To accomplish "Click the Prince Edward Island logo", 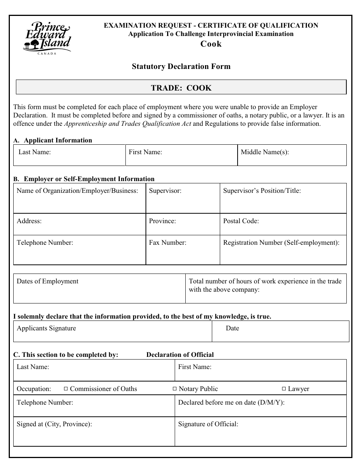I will pyautogui.click(x=47, y=38).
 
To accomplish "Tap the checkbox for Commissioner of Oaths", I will pyautogui.click(x=66, y=389).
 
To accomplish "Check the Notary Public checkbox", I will pyautogui.click(x=175, y=389).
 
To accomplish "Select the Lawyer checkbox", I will pyautogui.click(x=284, y=389).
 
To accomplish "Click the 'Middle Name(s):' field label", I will pyautogui.click(x=265, y=152).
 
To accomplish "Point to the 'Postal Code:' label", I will pyautogui.click(x=241, y=221).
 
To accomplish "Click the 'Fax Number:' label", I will pyautogui.click(x=167, y=242).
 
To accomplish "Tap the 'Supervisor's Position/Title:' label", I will pyautogui.click(x=262, y=191).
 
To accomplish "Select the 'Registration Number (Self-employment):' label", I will pyautogui.click(x=281, y=242).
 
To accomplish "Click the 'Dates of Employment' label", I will pyautogui.click(x=47, y=281).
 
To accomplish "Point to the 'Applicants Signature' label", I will pyautogui.click(x=46, y=328).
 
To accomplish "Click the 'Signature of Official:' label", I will pyautogui.click(x=208, y=424).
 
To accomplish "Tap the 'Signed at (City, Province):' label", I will pyautogui.click(x=54, y=424).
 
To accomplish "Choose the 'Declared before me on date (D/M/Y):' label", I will pyautogui.click(x=231, y=402).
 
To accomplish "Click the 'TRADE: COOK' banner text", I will pyautogui.click(x=181, y=88).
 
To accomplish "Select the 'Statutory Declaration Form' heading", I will pyautogui.click(x=181, y=66).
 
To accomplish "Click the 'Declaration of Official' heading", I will pyautogui.click(x=180, y=355).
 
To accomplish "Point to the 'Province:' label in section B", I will pyautogui.click(x=162, y=221).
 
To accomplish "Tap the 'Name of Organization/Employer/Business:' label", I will pyautogui.click(x=77, y=191).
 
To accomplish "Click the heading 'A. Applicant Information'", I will pyautogui.click(x=53, y=140).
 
